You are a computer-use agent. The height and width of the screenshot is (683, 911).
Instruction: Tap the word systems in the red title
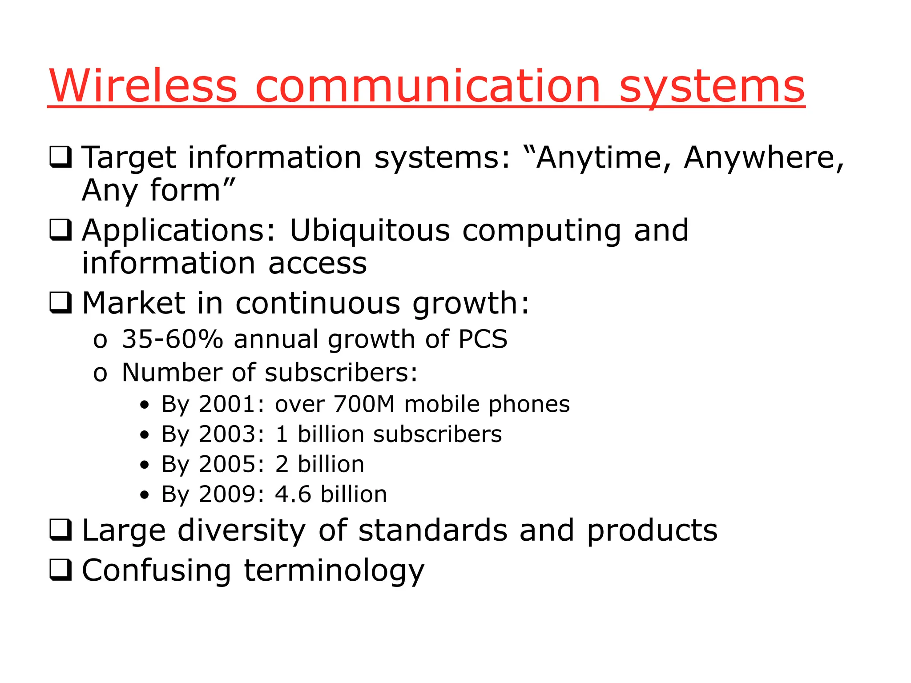(712, 88)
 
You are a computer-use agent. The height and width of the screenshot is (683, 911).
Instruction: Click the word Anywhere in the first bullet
(763, 158)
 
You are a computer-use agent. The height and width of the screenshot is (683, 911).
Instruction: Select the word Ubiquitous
(370, 231)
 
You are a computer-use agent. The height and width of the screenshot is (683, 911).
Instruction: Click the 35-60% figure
(173, 339)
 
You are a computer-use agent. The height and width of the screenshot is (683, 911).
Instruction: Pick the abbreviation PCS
(483, 339)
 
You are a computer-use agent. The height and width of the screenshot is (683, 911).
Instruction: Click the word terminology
(334, 571)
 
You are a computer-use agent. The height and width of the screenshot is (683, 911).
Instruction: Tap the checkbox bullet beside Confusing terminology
(60, 570)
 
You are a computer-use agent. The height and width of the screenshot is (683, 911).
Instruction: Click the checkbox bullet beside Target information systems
(60, 157)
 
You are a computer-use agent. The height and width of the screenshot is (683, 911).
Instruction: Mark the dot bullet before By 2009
(144, 495)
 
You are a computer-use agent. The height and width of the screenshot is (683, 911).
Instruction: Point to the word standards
(433, 530)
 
